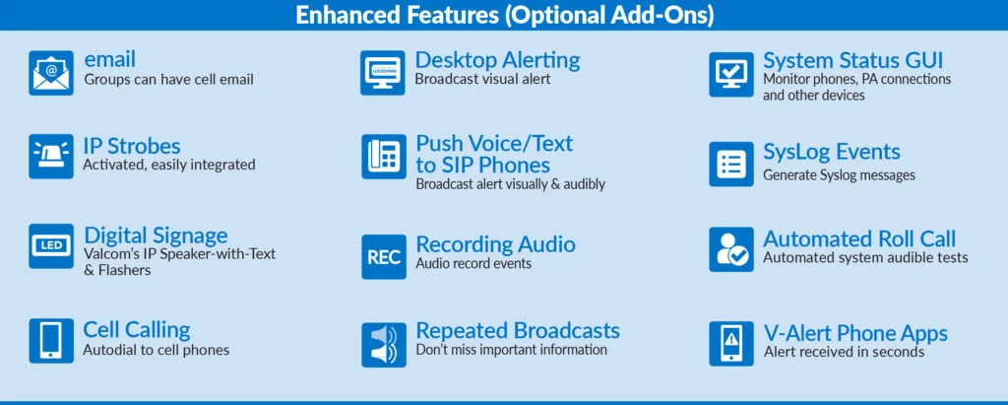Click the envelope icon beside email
coord(51,73)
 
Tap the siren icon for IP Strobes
coord(51,157)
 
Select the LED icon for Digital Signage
coord(51,246)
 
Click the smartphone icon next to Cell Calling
coord(51,341)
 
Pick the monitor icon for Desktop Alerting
coord(383,73)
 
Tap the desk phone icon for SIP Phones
coord(384,157)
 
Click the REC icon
coord(384,257)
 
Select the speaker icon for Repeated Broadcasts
coord(384,345)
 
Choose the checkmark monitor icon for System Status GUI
coord(731,75)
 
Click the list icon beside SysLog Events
coord(731,165)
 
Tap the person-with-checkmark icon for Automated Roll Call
coord(731,249)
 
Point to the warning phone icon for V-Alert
coord(731,344)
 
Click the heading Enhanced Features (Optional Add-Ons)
coord(505,16)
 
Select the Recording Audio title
coord(496,244)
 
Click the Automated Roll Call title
coord(859,238)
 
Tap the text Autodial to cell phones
coord(157,350)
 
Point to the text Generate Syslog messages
coord(839,175)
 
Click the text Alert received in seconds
coord(844,352)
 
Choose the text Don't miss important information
coord(512,350)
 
